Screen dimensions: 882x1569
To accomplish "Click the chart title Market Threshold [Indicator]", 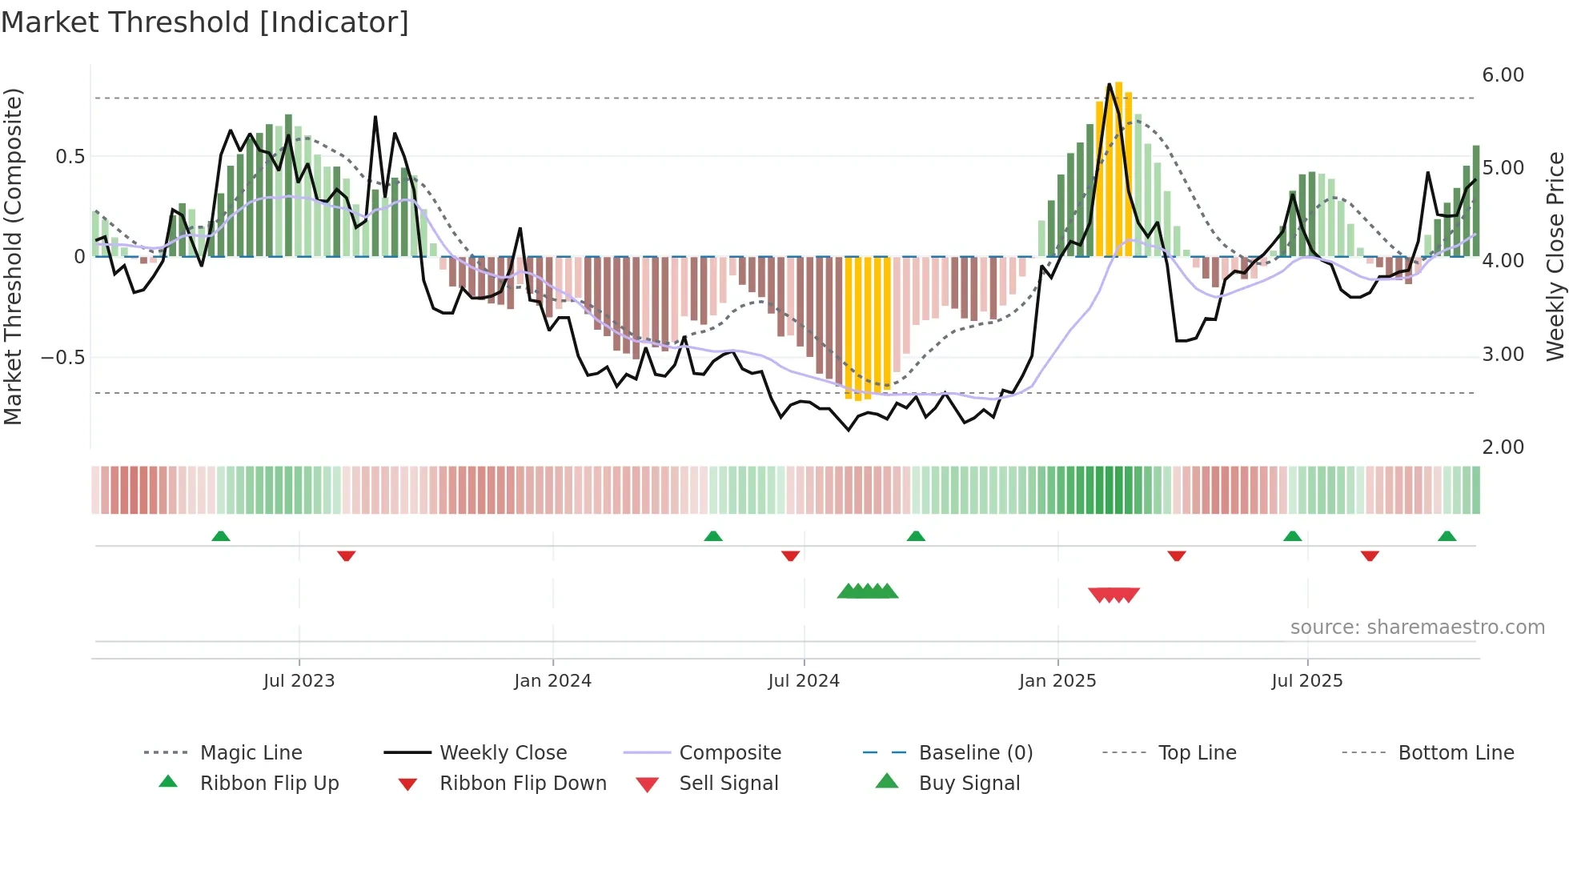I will (x=205, y=22).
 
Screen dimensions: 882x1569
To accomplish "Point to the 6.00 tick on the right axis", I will (x=1503, y=75).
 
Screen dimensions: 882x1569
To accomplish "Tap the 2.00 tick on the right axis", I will (x=1503, y=447).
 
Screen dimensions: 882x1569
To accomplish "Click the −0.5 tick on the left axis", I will (x=63, y=357).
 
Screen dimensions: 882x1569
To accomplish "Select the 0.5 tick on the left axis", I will (x=70, y=157).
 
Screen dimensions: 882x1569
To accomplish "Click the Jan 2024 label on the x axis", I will (x=552, y=681).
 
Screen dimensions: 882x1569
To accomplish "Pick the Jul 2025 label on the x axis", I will (x=1306, y=681).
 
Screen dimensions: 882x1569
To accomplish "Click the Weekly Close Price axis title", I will (x=1555, y=256).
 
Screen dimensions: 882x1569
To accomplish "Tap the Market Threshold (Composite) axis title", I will (x=14, y=256).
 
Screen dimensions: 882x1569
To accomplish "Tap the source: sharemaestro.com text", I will (x=1417, y=627).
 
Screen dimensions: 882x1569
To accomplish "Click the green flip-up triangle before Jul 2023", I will (x=221, y=536).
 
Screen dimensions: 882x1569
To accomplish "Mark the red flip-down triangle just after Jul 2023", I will (x=346, y=555).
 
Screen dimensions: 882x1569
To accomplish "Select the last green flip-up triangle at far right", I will (x=1447, y=536).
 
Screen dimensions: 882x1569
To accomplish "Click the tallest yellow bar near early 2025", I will (x=1119, y=168).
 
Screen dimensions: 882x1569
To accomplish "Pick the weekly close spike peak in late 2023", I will (x=375, y=118).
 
